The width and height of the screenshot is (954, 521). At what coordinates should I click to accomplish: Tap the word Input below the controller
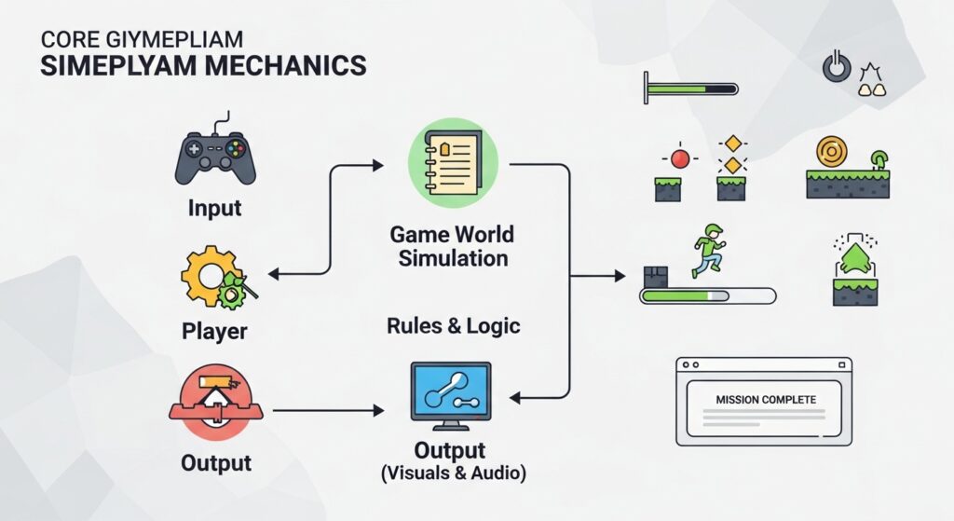coord(215,207)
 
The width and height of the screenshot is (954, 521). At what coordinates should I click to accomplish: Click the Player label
coord(214,331)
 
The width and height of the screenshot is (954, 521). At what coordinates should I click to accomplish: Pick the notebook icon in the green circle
coord(454,162)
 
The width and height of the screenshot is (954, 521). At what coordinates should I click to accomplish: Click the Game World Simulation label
coord(454,245)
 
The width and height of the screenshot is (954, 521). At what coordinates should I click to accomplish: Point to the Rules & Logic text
coord(454,326)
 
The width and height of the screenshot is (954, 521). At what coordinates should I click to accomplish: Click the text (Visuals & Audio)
coord(454,473)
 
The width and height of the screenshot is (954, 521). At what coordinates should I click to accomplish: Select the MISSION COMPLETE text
coord(766,399)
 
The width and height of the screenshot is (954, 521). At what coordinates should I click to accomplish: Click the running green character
coord(709,250)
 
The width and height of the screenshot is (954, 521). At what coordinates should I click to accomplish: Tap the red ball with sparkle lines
coord(680,158)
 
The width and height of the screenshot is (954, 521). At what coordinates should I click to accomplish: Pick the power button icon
coord(836,67)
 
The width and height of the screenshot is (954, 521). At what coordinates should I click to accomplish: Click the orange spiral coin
coord(831,150)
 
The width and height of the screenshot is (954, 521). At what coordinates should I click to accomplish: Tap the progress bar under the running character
coord(707,296)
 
